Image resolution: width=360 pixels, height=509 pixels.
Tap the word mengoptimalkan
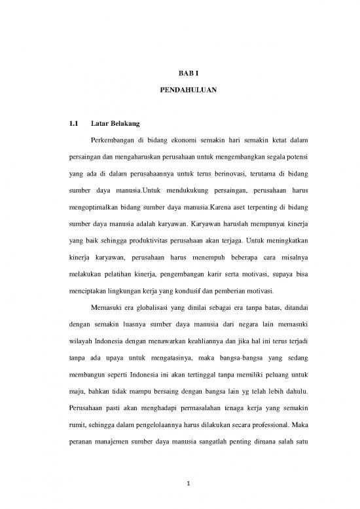(x=99, y=207)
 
